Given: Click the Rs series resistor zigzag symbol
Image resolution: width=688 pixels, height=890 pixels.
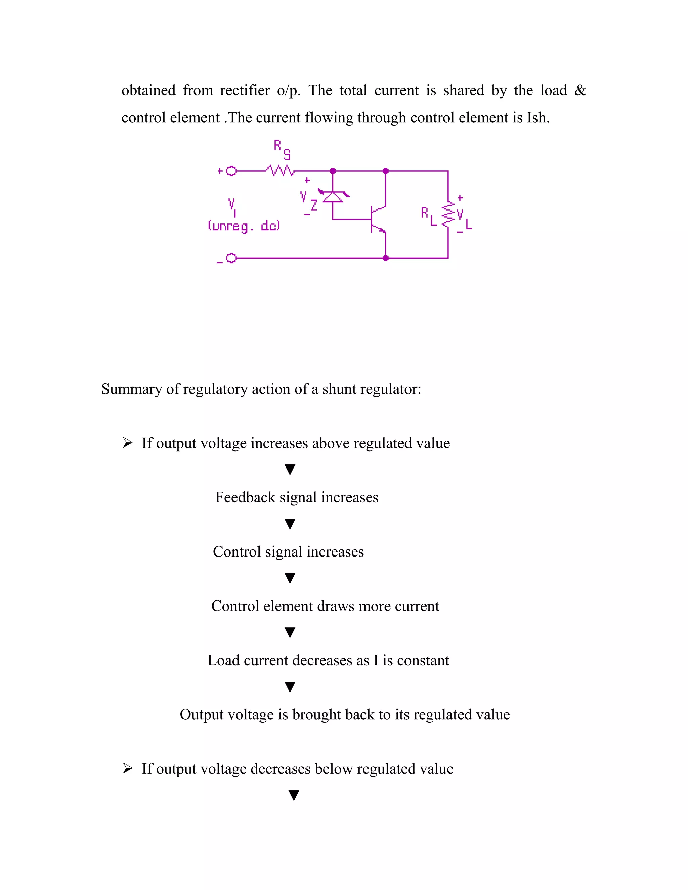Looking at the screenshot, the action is (281, 171).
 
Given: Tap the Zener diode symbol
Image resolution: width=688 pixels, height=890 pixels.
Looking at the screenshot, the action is (333, 196).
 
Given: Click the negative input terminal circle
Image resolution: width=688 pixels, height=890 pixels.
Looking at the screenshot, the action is (231, 258).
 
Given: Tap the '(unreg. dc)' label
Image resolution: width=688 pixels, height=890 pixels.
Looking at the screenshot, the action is (244, 226).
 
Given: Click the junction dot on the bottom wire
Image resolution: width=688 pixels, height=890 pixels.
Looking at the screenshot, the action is (386, 258).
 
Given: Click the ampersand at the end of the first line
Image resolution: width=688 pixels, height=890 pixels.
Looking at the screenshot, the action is (579, 90).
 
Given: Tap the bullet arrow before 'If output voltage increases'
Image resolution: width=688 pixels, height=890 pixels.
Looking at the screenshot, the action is (128, 443).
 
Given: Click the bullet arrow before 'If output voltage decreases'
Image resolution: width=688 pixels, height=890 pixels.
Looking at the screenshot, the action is (128, 768).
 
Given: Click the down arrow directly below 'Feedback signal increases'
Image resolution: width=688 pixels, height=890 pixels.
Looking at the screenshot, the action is (290, 524).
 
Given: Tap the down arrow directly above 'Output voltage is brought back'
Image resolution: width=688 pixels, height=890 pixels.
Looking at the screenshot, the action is (290, 687).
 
